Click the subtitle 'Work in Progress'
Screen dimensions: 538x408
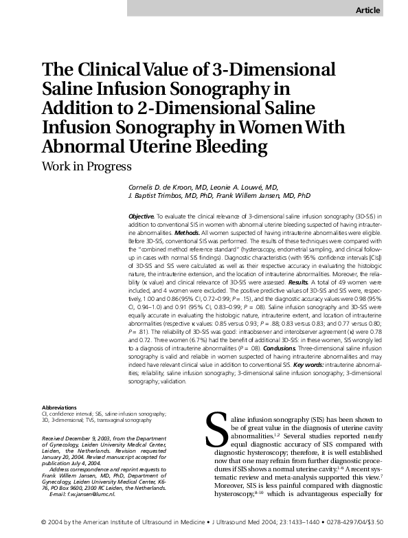coord(87,166)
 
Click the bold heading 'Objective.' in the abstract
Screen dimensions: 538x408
coord(142,216)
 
